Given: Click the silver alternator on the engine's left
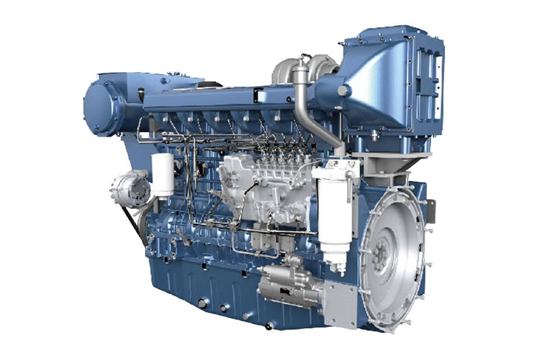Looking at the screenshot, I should [130, 190].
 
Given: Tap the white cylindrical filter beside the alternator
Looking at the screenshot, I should [163, 175].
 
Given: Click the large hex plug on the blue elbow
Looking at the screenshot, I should [342, 90].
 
